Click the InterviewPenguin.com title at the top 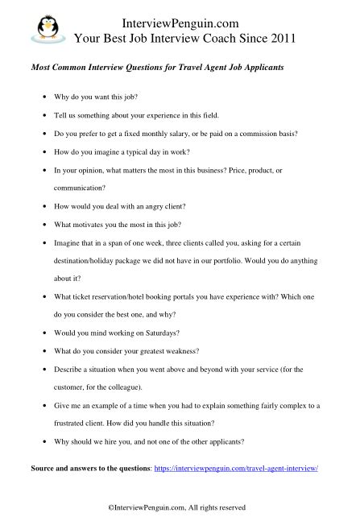click(x=184, y=22)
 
